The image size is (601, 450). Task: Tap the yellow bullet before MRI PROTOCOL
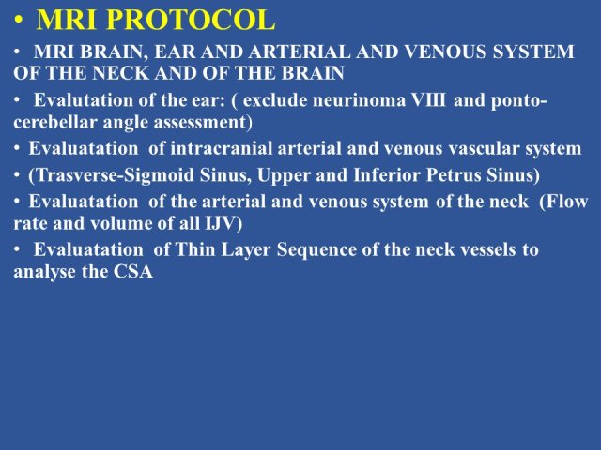[19, 21]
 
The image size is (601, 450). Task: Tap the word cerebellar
[55, 123]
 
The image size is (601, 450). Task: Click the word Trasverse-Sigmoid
[112, 175]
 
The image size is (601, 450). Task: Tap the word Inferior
[387, 175]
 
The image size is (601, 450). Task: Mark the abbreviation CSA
[133, 272]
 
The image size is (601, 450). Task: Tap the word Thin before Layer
[195, 250]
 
